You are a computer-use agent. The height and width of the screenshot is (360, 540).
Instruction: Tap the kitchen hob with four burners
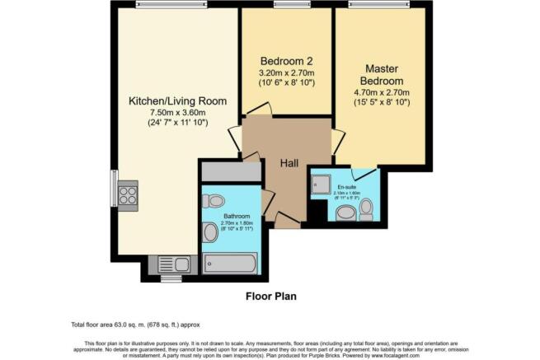tap(128, 194)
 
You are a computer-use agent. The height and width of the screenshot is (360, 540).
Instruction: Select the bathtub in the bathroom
tap(232, 264)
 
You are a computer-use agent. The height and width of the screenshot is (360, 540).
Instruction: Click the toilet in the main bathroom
tap(216, 200)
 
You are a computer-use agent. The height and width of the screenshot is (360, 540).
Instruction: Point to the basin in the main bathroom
tap(211, 233)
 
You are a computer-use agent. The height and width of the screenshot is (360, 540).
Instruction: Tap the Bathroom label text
tap(234, 217)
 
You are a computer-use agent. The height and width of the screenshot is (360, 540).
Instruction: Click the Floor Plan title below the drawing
tap(271, 296)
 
